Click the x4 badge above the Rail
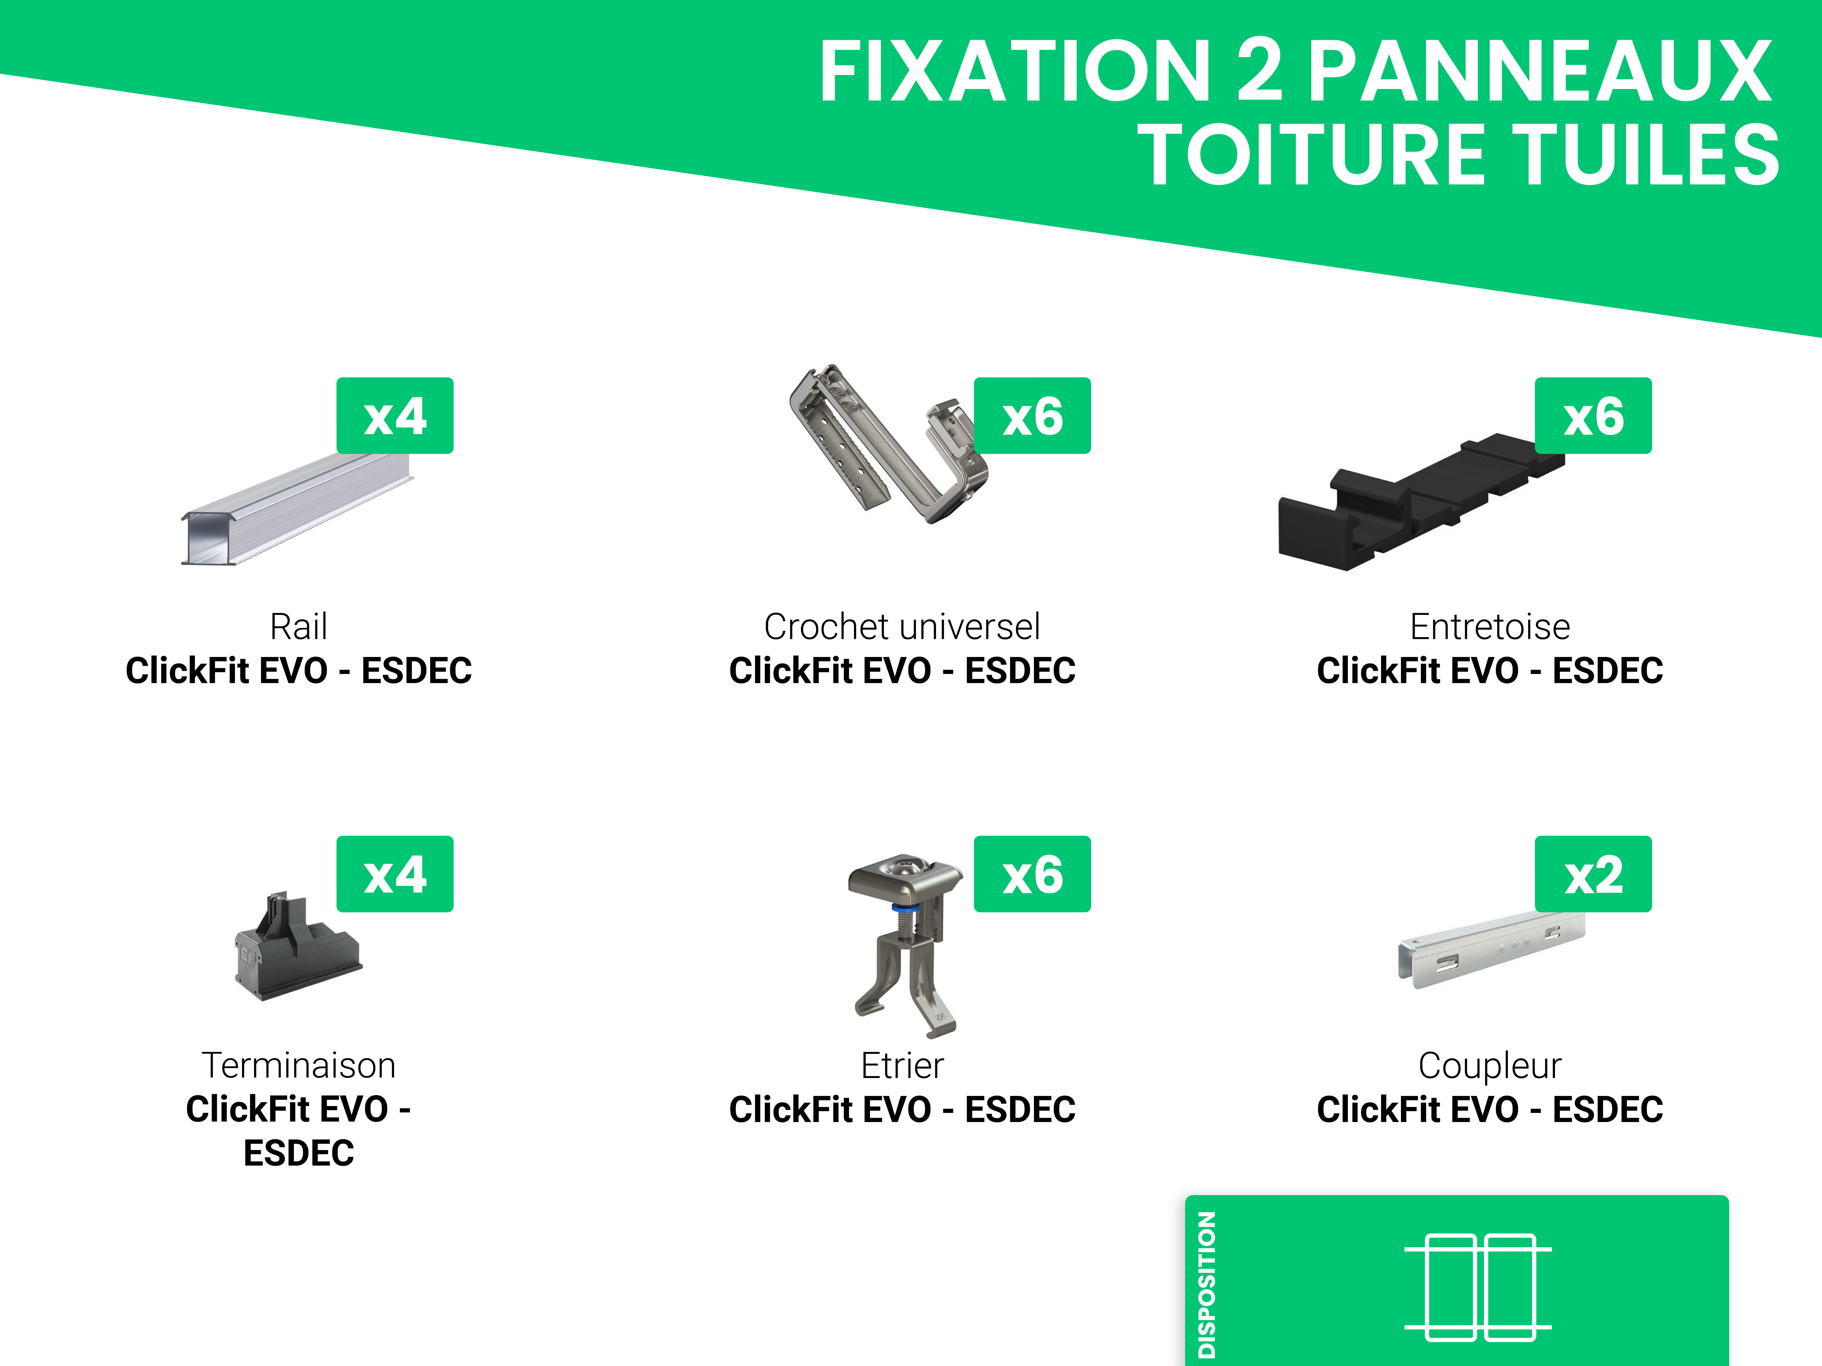[x=395, y=416]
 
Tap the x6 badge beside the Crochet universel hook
[x=1032, y=416]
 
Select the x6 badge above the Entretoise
[x=1593, y=416]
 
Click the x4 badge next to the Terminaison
[x=395, y=874]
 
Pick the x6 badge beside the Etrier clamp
[x=1032, y=874]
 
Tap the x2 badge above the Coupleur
[x=1593, y=874]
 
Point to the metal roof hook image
[x=885, y=449]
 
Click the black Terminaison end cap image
[x=297, y=952]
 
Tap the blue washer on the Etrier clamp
[x=904, y=909]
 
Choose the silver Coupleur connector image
[x=1483, y=952]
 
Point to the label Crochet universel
[x=902, y=627]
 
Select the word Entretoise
[x=1489, y=627]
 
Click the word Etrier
[x=902, y=1066]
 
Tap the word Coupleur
[x=1489, y=1066]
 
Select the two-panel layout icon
[x=1478, y=1287]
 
